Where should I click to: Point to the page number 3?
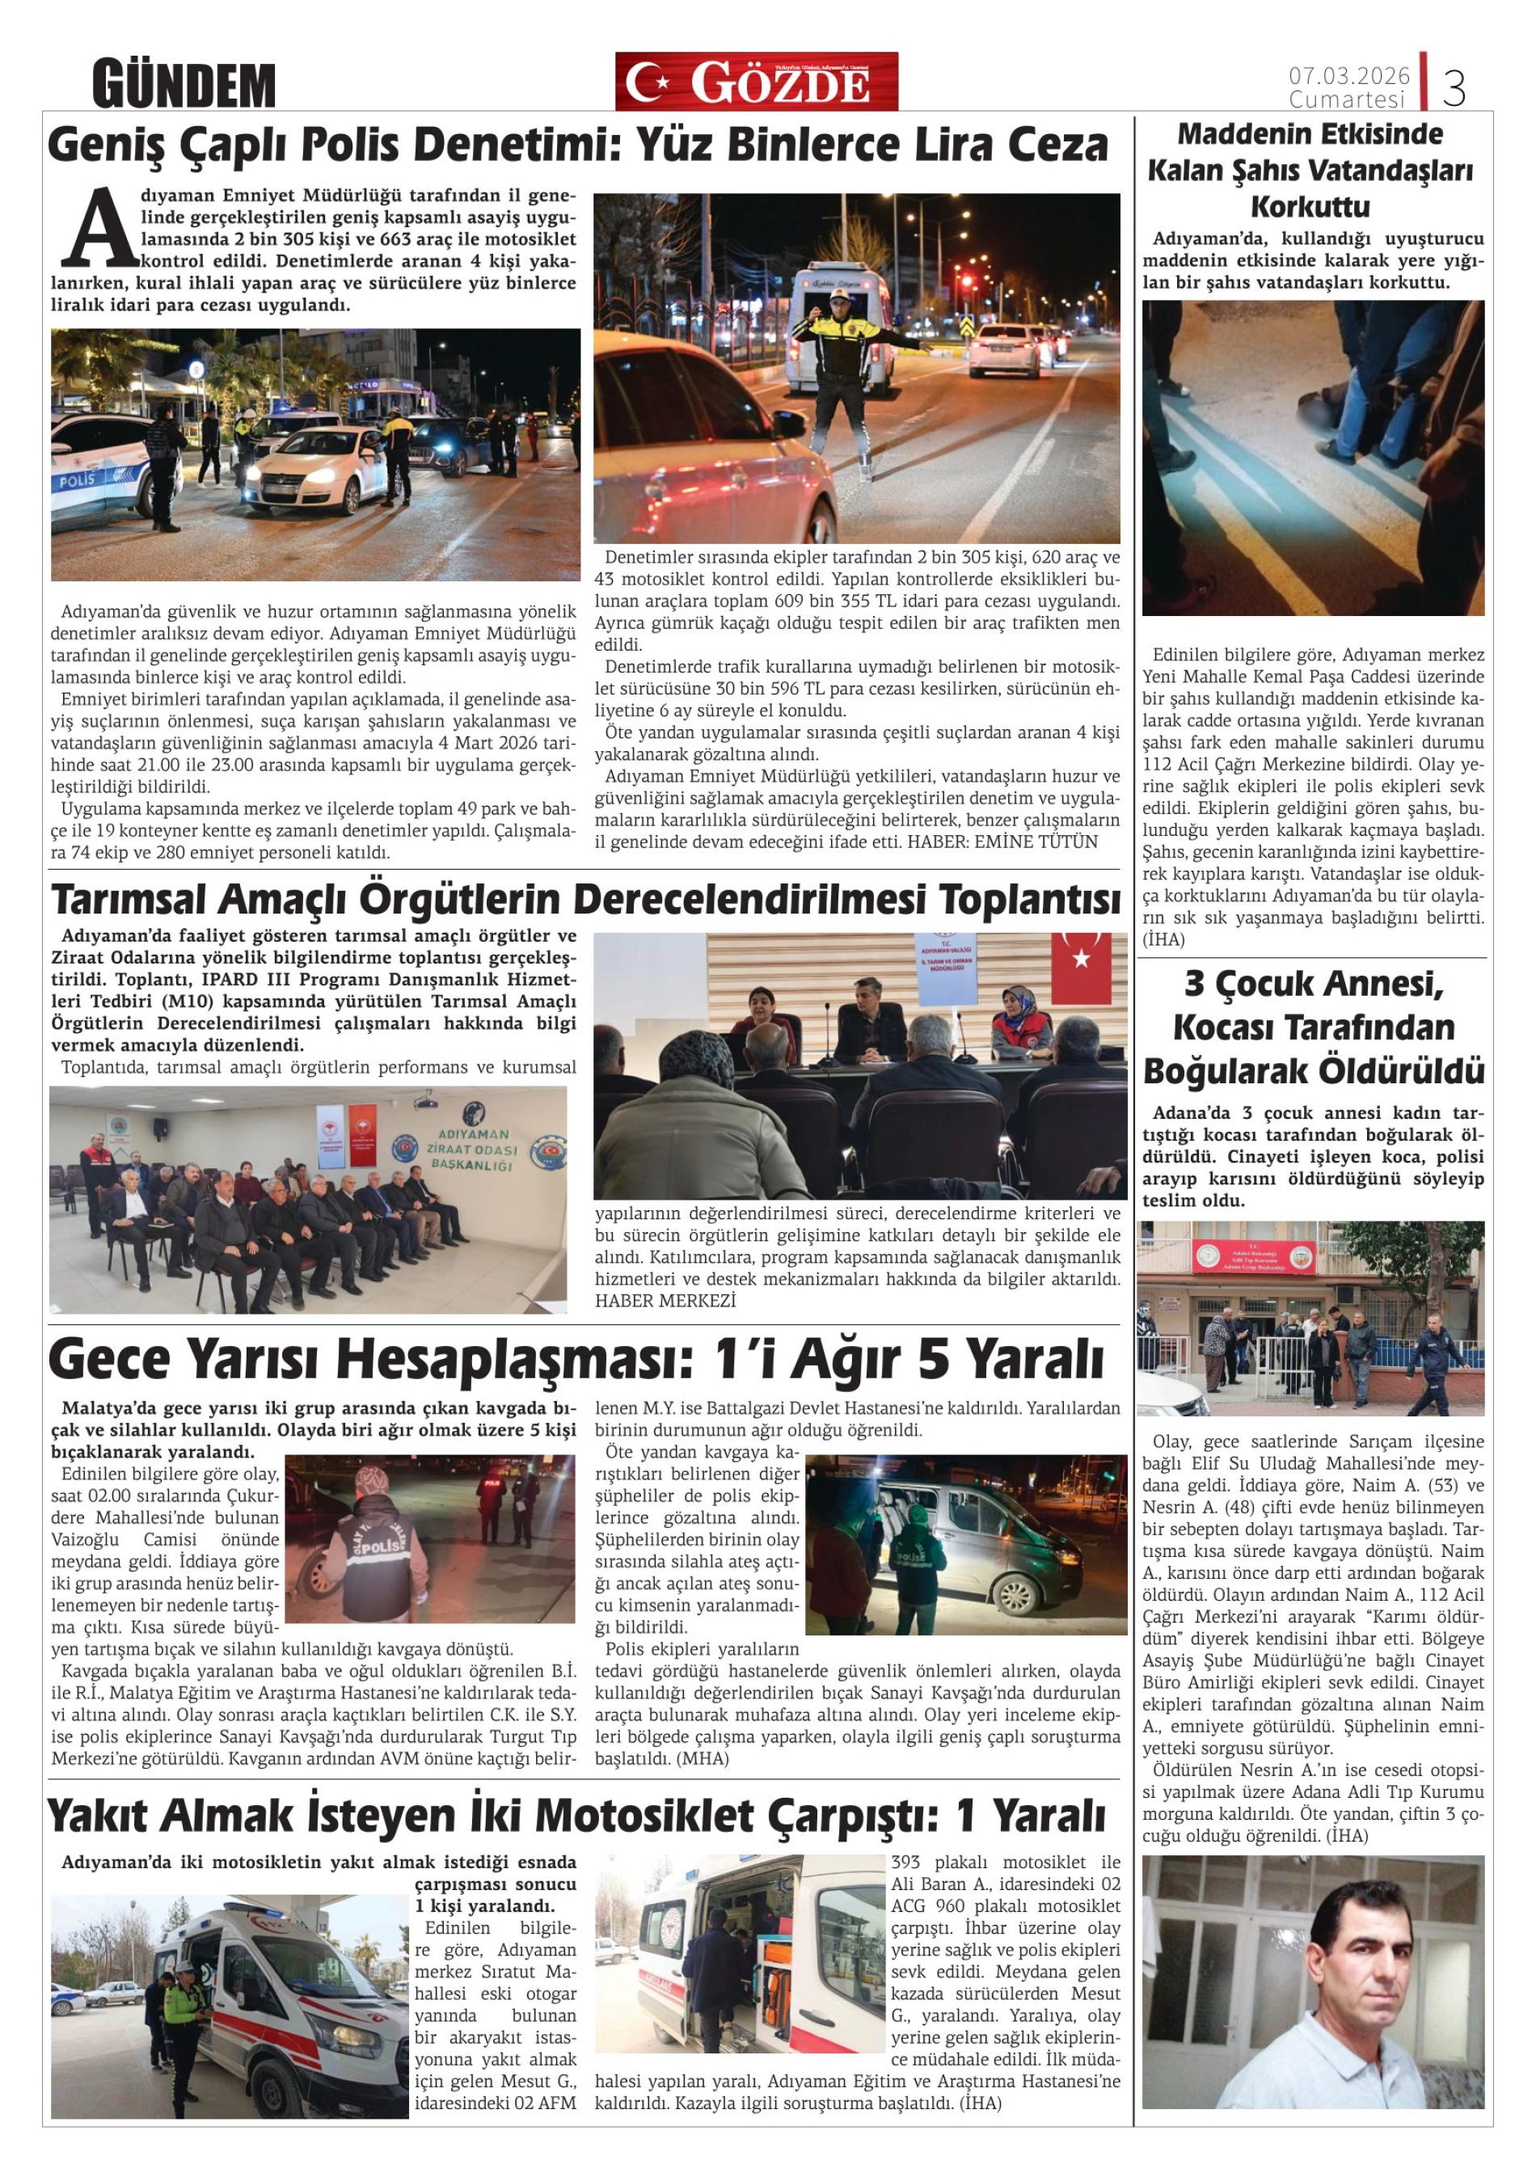coord(1454,88)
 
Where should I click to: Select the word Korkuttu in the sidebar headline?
coord(1310,206)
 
